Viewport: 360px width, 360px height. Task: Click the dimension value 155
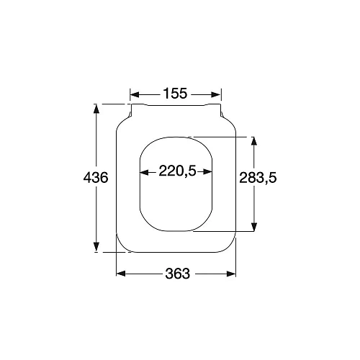coord(175,94)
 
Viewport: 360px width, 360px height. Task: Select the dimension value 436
coord(96,178)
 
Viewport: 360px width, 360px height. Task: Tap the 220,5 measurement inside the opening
coord(176,172)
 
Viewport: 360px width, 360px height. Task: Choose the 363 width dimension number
coord(176,274)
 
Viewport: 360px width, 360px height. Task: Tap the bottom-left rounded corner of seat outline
coord(121,246)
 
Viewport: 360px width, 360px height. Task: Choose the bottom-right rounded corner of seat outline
coord(230,246)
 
